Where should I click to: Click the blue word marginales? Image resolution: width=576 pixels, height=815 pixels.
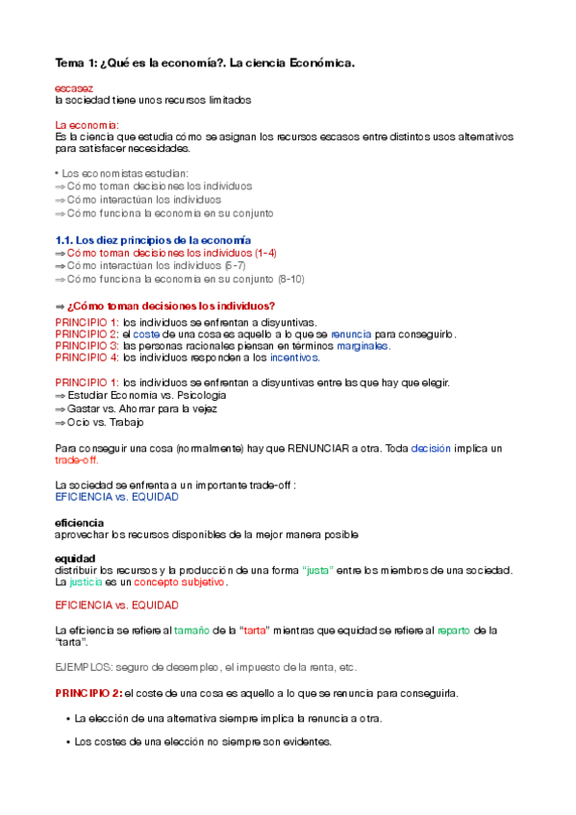363,345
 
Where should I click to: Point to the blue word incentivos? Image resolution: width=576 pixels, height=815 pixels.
293,358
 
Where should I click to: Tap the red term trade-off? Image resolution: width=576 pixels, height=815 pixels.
77,460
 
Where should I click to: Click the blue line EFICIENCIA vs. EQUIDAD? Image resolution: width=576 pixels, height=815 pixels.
116,497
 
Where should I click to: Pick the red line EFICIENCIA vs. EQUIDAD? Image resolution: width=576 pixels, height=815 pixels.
116,605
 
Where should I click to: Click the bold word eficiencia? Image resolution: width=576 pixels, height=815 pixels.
79,522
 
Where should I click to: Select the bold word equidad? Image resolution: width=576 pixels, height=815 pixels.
74,557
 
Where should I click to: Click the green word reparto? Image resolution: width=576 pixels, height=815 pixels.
456,630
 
